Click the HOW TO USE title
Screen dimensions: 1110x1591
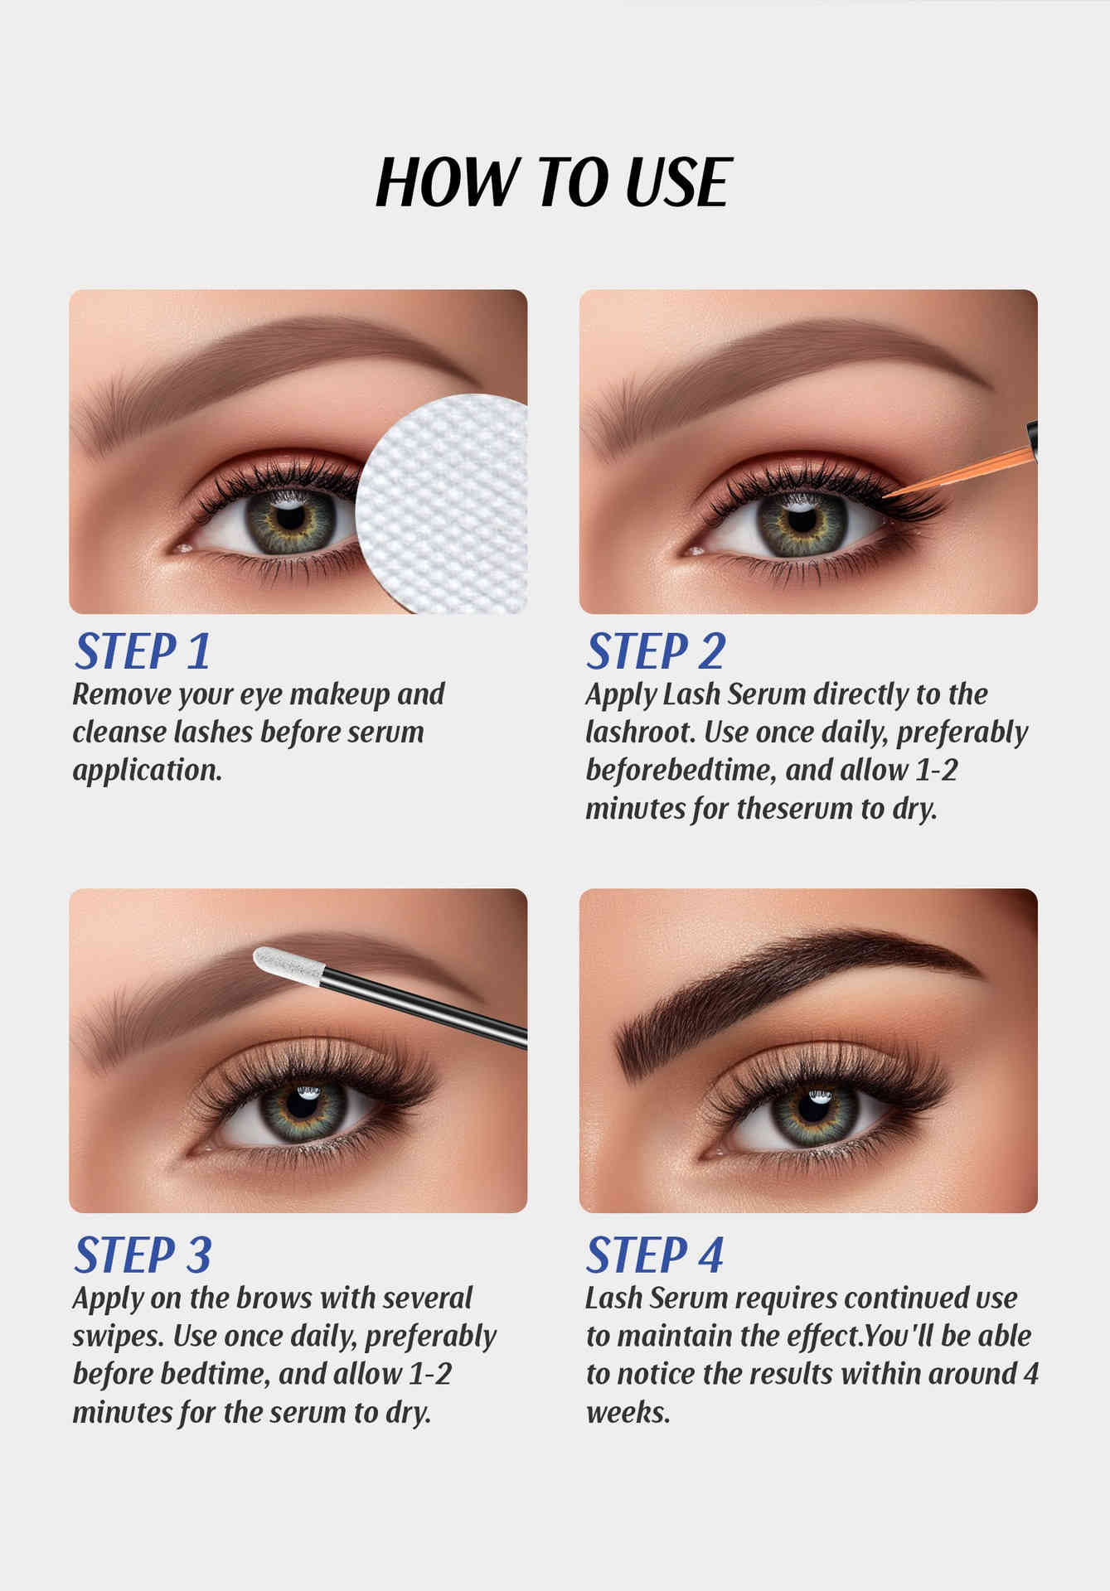554,181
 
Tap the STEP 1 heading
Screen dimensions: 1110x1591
142,651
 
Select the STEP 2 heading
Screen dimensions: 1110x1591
656,651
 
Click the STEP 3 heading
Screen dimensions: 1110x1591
143,1255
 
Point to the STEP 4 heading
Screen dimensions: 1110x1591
655,1255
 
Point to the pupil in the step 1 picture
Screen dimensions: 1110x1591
290,517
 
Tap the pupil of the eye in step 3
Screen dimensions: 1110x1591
302,1107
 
